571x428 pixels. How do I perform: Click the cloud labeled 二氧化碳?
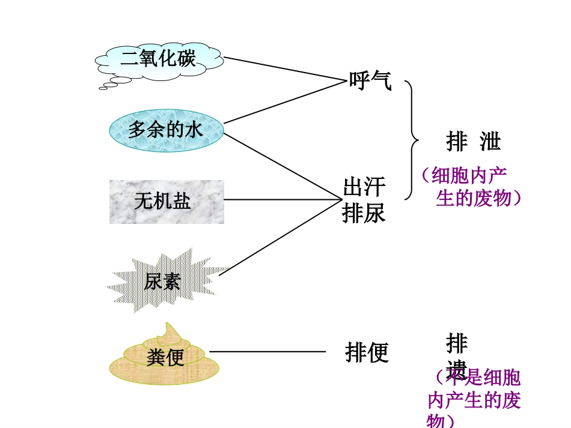pyautogui.click(x=159, y=59)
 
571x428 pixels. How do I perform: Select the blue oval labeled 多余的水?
pyautogui.click(x=166, y=130)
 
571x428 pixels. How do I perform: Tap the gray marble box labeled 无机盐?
pyautogui.click(x=166, y=202)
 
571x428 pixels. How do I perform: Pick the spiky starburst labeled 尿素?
pyautogui.click(x=164, y=281)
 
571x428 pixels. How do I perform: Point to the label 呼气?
pyautogui.click(x=370, y=80)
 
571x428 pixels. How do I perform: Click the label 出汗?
pyautogui.click(x=364, y=187)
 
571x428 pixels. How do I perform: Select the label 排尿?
pyautogui.click(x=364, y=213)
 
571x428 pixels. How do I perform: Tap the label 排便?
pyautogui.click(x=367, y=352)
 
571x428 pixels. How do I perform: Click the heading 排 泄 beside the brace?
pyautogui.click(x=474, y=142)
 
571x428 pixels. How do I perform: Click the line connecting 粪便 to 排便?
pyautogui.click(x=267, y=352)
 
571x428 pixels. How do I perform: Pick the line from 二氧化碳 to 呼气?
pyautogui.click(x=282, y=70)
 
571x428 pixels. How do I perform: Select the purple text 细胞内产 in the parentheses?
pyautogui.click(x=469, y=176)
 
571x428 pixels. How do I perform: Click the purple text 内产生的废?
pyautogui.click(x=474, y=400)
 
